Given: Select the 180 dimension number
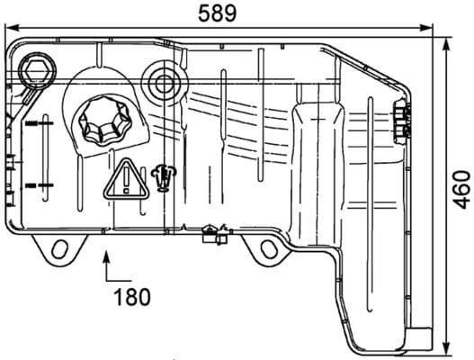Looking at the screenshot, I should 131,294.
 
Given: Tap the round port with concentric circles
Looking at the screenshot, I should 164,85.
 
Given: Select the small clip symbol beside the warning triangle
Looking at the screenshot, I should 163,177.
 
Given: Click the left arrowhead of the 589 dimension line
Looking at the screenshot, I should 7,29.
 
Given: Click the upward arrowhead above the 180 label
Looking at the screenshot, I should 108,256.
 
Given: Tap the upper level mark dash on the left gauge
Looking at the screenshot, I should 39,121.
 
